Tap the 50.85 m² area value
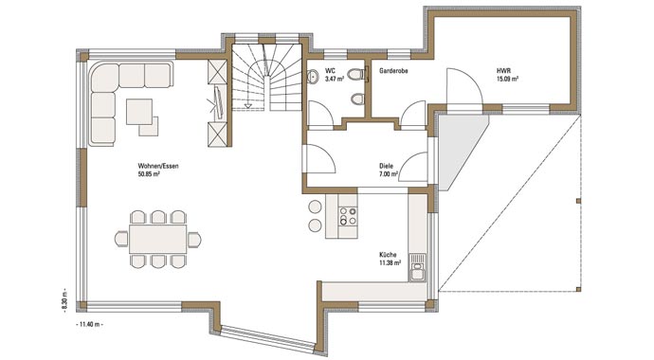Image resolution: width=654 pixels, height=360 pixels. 149,174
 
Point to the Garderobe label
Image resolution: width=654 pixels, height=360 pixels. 393,71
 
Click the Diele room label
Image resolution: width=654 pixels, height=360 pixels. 386,166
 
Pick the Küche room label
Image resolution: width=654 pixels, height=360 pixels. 388,255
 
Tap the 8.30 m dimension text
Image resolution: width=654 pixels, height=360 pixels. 64,300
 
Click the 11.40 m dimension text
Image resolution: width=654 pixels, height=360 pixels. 90,324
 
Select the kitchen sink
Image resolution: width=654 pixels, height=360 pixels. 417,267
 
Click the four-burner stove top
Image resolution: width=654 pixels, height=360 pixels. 348,216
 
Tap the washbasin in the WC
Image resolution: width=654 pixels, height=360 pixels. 313,76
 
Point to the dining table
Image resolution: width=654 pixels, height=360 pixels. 157,239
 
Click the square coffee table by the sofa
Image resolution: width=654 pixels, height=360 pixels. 139,111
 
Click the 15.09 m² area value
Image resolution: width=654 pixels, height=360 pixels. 508,80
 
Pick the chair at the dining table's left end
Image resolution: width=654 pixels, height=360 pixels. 121,239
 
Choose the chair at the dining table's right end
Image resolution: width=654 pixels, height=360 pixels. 194,240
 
